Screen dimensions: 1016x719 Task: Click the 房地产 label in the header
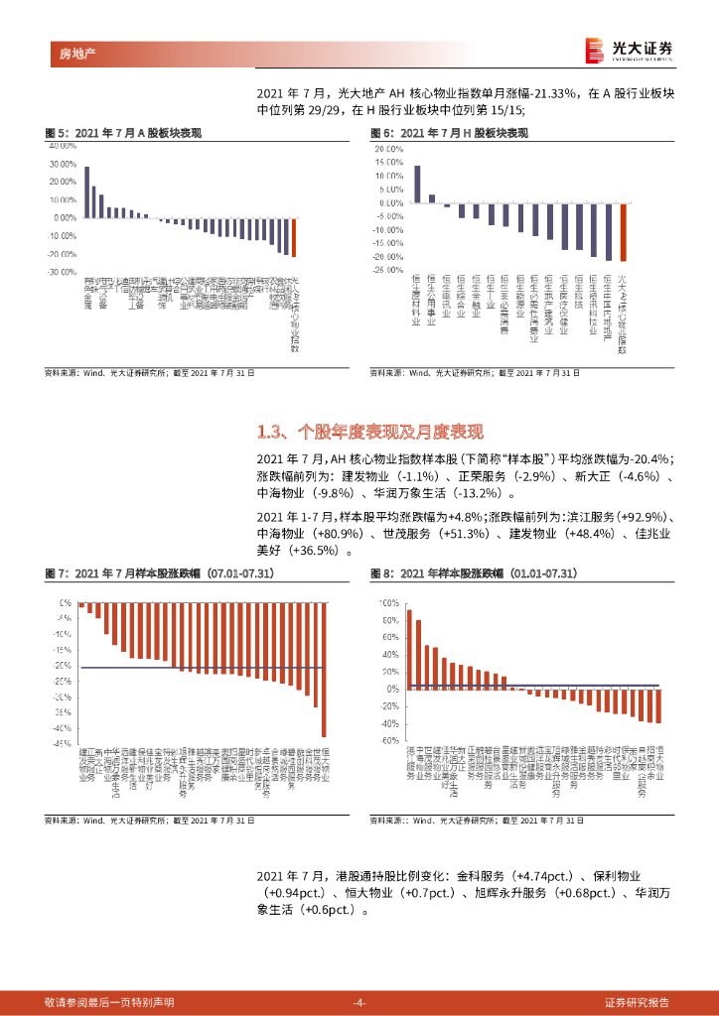[x=66, y=51]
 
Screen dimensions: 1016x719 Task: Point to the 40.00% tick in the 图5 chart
[x=63, y=145]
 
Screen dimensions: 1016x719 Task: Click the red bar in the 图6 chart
[x=623, y=231]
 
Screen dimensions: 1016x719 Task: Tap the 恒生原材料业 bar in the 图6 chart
[x=417, y=184]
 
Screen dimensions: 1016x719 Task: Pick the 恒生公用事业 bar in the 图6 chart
[x=432, y=198]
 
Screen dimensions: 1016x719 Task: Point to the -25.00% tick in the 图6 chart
[x=386, y=270]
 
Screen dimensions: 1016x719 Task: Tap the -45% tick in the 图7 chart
[x=65, y=742]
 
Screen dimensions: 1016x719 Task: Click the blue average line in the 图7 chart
[x=199, y=668]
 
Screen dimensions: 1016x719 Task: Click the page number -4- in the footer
[x=359, y=1002]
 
